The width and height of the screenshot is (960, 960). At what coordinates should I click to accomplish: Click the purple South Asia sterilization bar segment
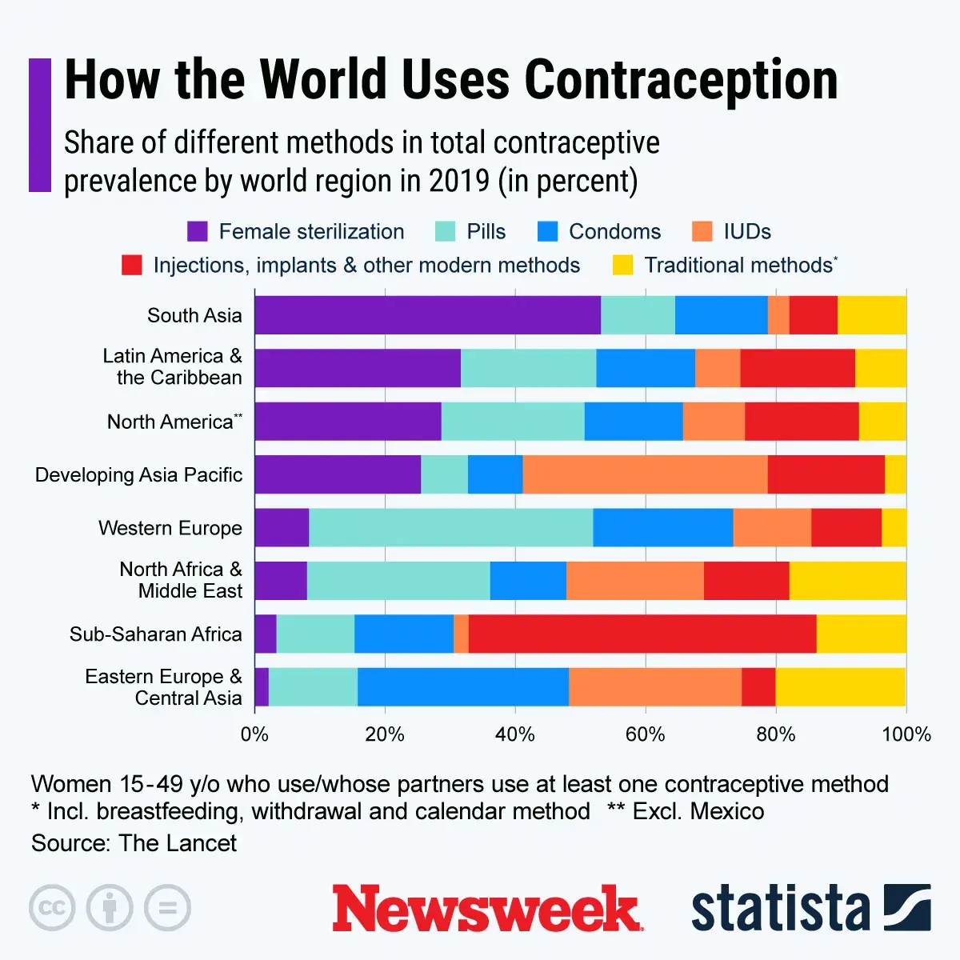(427, 315)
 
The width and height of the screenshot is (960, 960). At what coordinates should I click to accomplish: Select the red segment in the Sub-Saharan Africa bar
(642, 634)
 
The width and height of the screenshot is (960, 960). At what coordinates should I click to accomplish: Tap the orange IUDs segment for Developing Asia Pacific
(645, 474)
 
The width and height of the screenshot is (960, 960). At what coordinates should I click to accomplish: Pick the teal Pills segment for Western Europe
(450, 528)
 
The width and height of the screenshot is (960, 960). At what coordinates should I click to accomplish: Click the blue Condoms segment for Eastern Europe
(463, 687)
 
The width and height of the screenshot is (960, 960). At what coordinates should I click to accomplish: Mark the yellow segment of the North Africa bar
(847, 581)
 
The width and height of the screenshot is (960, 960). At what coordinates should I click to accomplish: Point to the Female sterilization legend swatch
(198, 232)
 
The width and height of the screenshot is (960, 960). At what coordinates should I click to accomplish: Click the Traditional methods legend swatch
(622, 266)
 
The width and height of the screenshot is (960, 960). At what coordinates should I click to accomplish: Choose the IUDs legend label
(747, 232)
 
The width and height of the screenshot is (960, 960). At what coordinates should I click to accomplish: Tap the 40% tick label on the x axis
(514, 734)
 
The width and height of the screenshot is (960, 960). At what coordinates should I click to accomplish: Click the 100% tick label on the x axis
(906, 734)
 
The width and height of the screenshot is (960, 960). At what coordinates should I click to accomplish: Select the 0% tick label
(254, 734)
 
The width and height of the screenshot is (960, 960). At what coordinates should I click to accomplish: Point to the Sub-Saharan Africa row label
(155, 634)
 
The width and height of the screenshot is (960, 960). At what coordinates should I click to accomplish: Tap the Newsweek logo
(487, 908)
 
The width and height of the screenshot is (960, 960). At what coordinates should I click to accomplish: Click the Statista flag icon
(907, 907)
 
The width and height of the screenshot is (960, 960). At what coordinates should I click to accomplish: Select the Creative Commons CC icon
(52, 908)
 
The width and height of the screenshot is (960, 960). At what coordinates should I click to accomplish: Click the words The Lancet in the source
(178, 843)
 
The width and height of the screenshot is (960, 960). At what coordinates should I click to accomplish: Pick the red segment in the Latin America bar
(797, 368)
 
